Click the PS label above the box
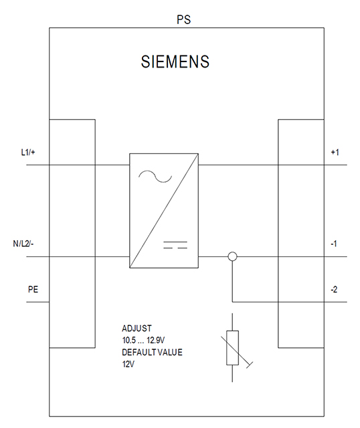[x=183, y=19]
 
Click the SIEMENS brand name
[x=175, y=62]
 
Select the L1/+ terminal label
[x=28, y=152]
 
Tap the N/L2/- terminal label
[x=23, y=243]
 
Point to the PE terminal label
[x=33, y=290]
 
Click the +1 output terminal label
[x=335, y=152]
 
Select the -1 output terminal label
[x=334, y=243]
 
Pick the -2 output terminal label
[x=334, y=290]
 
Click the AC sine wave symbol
[x=155, y=177]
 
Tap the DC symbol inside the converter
[x=175, y=245]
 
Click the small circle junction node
[x=232, y=257]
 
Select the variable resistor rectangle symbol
[x=232, y=348]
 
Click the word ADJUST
[x=137, y=328]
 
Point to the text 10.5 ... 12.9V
[x=143, y=340]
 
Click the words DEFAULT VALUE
[x=152, y=352]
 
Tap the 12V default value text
[x=128, y=364]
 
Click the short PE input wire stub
[x=37, y=302]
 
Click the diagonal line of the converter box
[x=164, y=211]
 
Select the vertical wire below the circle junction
[x=232, y=282]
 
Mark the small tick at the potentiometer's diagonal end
[x=250, y=365]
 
